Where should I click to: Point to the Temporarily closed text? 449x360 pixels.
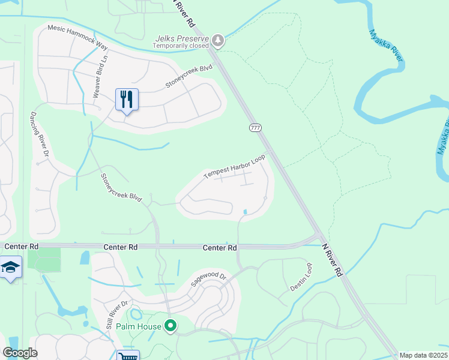[x=181, y=46]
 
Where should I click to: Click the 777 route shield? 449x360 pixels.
[x=255, y=128]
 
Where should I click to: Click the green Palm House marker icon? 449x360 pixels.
[x=170, y=326]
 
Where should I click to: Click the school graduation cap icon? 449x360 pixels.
[x=10, y=266]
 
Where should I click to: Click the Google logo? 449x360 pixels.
[x=20, y=353]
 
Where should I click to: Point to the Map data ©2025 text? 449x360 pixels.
[x=423, y=355]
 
